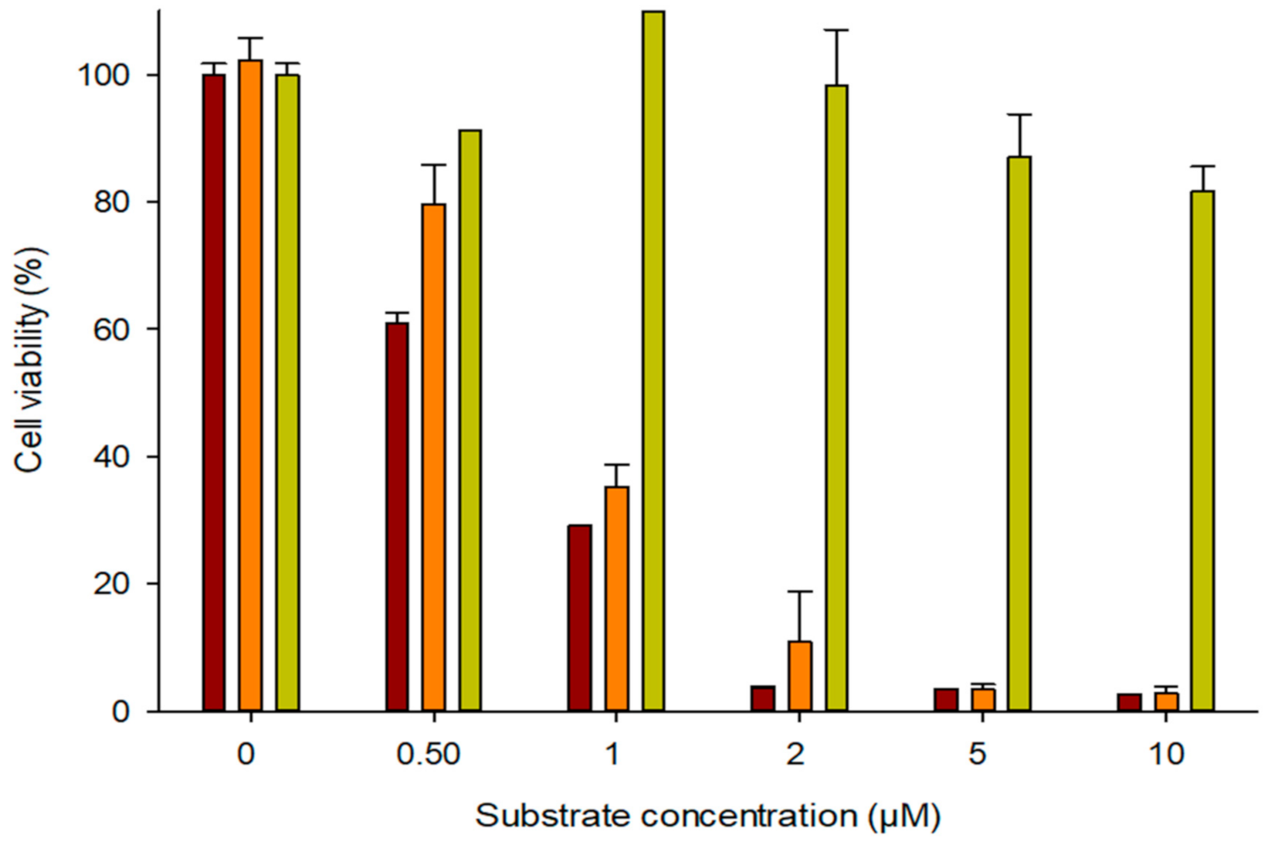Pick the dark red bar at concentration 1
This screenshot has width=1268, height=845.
(579, 618)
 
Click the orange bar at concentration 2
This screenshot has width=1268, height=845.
(800, 676)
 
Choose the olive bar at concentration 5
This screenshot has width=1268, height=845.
(1019, 433)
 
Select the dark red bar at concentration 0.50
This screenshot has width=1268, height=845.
(397, 517)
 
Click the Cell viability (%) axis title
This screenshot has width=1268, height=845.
(31, 359)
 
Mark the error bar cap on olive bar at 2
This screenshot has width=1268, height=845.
(836, 30)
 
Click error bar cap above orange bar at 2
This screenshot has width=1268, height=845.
(800, 592)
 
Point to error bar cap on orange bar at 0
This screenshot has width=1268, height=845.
(250, 38)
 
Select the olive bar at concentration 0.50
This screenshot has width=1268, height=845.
(470, 420)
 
